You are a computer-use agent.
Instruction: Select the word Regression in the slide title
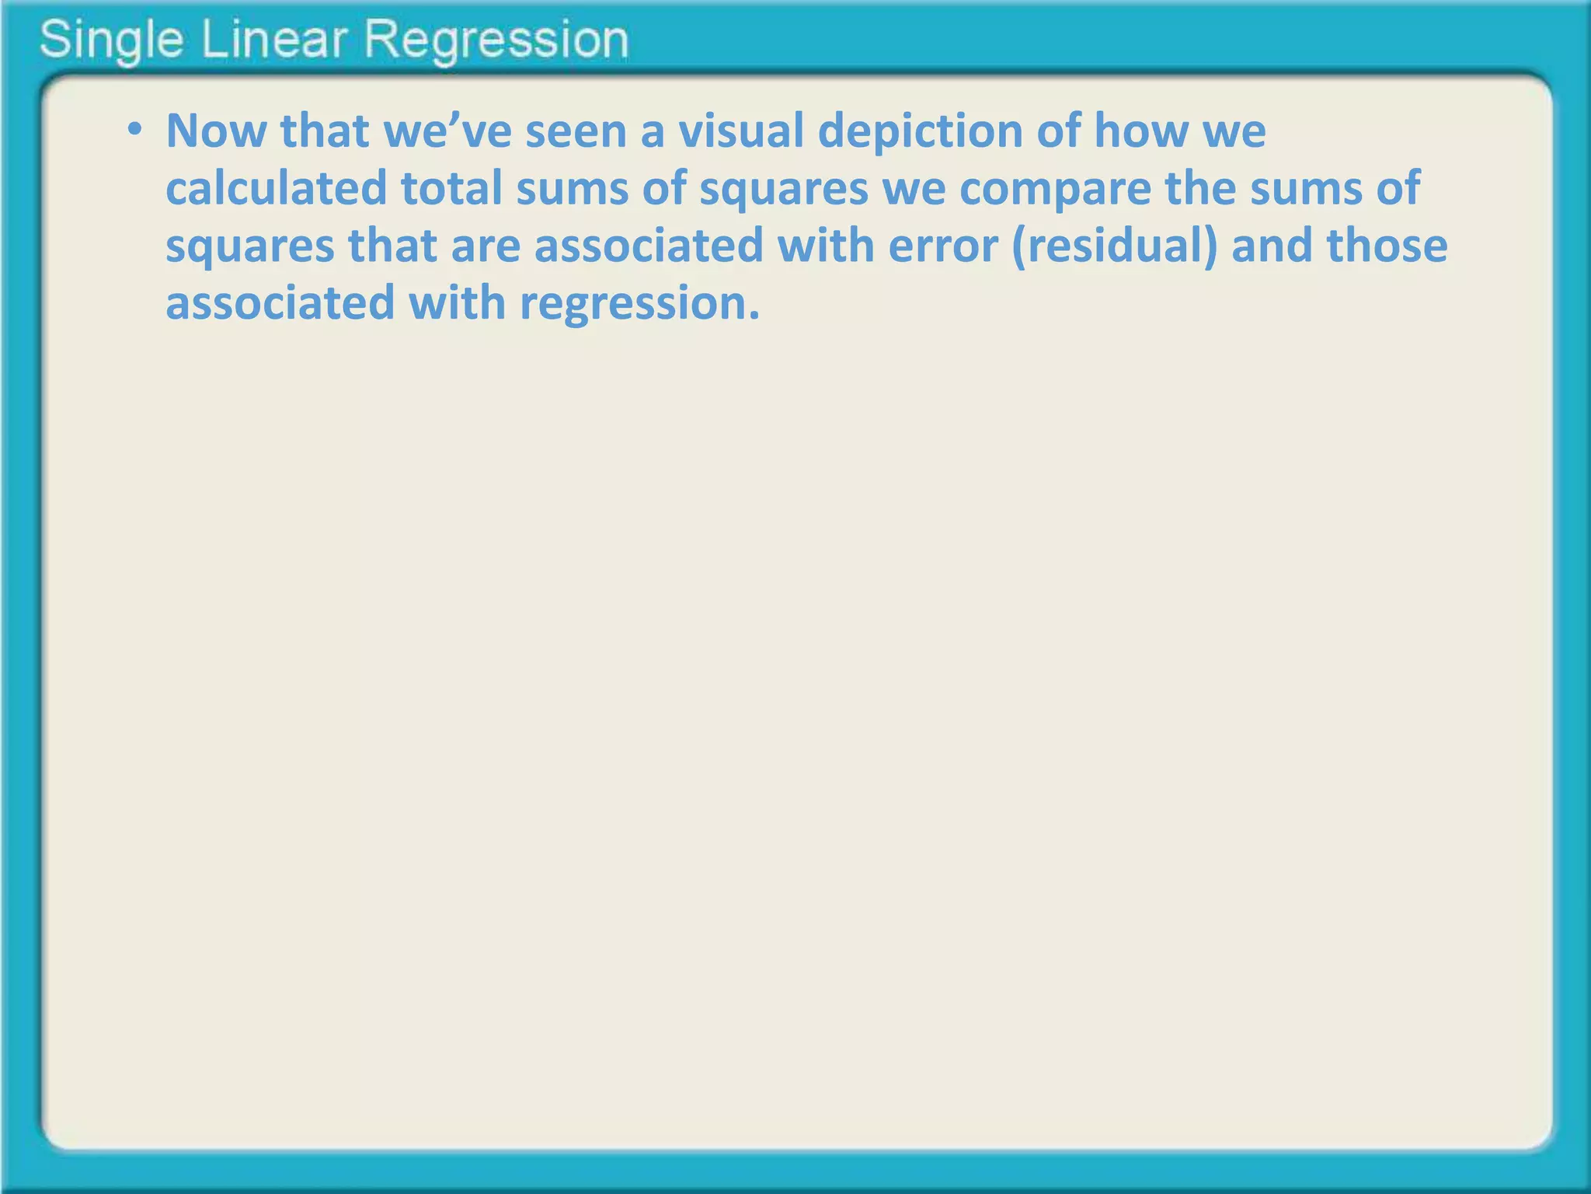point(496,40)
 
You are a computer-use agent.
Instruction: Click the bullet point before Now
point(135,129)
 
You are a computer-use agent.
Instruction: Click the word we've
point(448,131)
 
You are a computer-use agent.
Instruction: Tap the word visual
point(741,131)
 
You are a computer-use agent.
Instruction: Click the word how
point(1141,131)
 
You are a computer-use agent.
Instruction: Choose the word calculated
point(277,188)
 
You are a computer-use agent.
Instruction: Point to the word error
point(942,246)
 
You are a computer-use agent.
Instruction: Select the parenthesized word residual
point(1116,246)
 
